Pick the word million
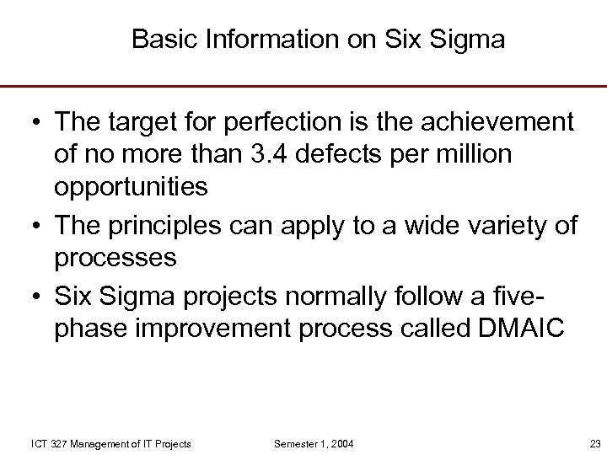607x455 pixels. point(488,155)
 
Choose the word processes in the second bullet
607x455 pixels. point(115,257)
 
